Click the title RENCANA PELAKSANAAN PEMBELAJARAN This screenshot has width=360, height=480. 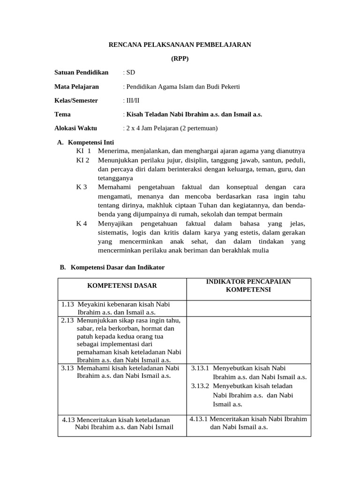pos(180,45)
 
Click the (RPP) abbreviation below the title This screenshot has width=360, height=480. pos(180,59)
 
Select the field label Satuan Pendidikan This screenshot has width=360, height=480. pos(81,72)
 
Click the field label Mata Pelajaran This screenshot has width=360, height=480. pos(76,86)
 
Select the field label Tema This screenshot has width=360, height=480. pos(62,114)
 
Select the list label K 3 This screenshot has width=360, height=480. pos(82,187)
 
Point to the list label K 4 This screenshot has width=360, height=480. pos(82,223)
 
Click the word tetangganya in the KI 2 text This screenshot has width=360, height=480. pos(115,178)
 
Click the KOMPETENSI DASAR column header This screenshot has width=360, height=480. pos(122,285)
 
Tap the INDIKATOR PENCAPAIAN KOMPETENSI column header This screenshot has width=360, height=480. pos(248,285)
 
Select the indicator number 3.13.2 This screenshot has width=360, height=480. pos(201,386)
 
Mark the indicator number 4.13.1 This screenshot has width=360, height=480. pos(199,419)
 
